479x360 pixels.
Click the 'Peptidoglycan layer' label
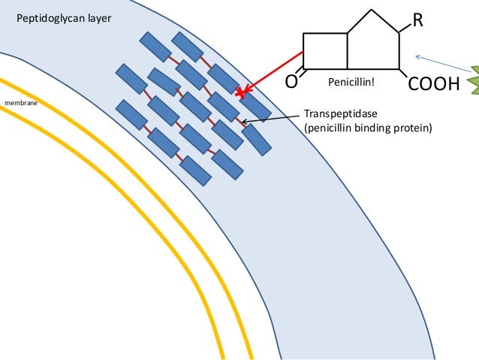point(63,14)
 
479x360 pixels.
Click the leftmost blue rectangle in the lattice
point(131,77)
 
